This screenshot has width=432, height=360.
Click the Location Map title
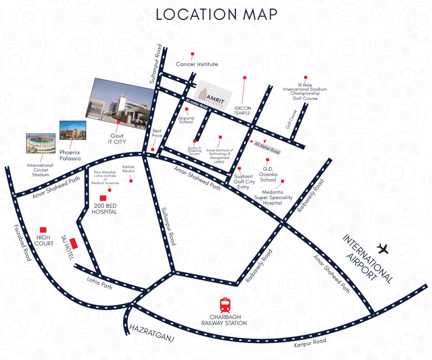coord(216,14)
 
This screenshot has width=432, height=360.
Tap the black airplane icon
coord(383,248)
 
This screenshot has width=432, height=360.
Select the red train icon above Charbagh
coord(225,305)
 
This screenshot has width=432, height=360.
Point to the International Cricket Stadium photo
coord(41,143)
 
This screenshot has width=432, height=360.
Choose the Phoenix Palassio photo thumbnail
coord(73,131)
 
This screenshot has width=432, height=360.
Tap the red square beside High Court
coord(43,230)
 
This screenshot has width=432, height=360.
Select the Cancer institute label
coord(197,64)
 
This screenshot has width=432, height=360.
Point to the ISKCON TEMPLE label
coord(242,110)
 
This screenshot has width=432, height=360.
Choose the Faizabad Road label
coord(21,242)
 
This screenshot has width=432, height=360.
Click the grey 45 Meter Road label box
coord(267,147)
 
